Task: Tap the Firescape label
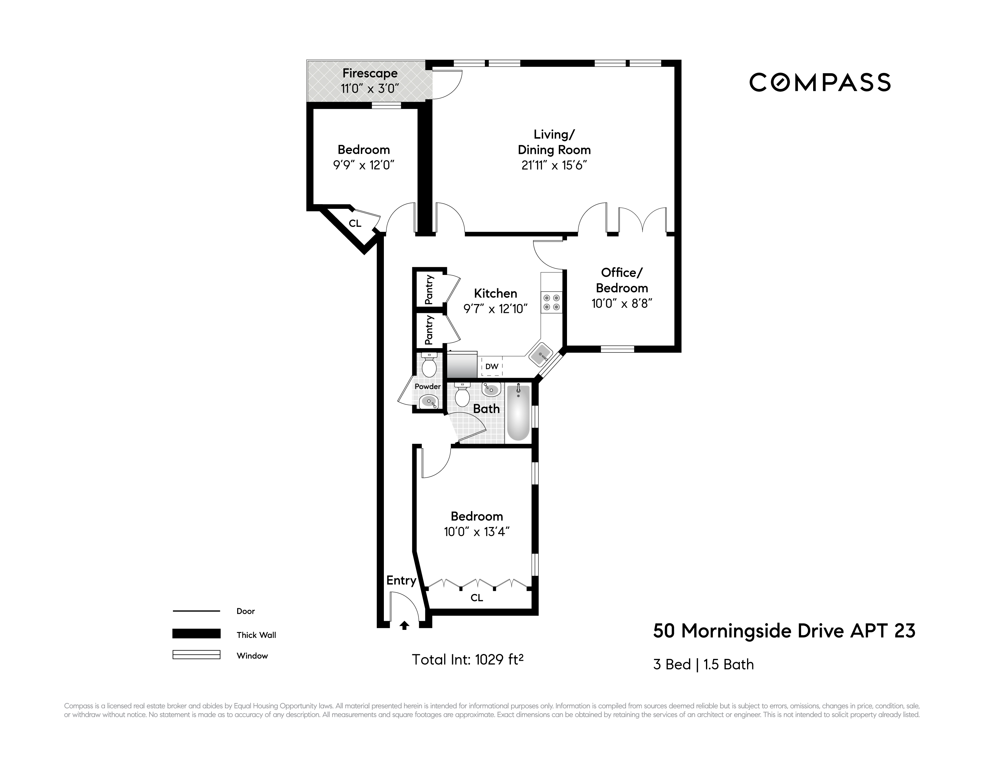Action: tap(370, 73)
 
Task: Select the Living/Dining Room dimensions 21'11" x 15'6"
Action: tap(554, 166)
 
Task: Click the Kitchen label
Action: tap(495, 293)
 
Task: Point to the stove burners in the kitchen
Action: tap(551, 302)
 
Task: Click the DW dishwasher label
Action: tap(492, 367)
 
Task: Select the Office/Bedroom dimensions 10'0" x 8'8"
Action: tap(622, 304)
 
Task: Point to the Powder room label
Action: tap(427, 386)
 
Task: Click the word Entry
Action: tap(401, 580)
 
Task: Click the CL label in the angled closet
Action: tap(355, 223)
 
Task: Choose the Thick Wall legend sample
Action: tap(196, 634)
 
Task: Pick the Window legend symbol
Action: tap(196, 655)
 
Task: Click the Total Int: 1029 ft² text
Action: tap(467, 660)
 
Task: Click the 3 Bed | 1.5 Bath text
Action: tap(703, 664)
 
